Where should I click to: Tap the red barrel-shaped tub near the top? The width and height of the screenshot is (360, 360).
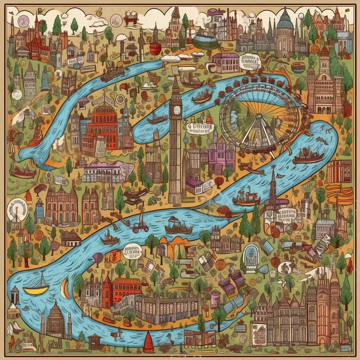point(156,48)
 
